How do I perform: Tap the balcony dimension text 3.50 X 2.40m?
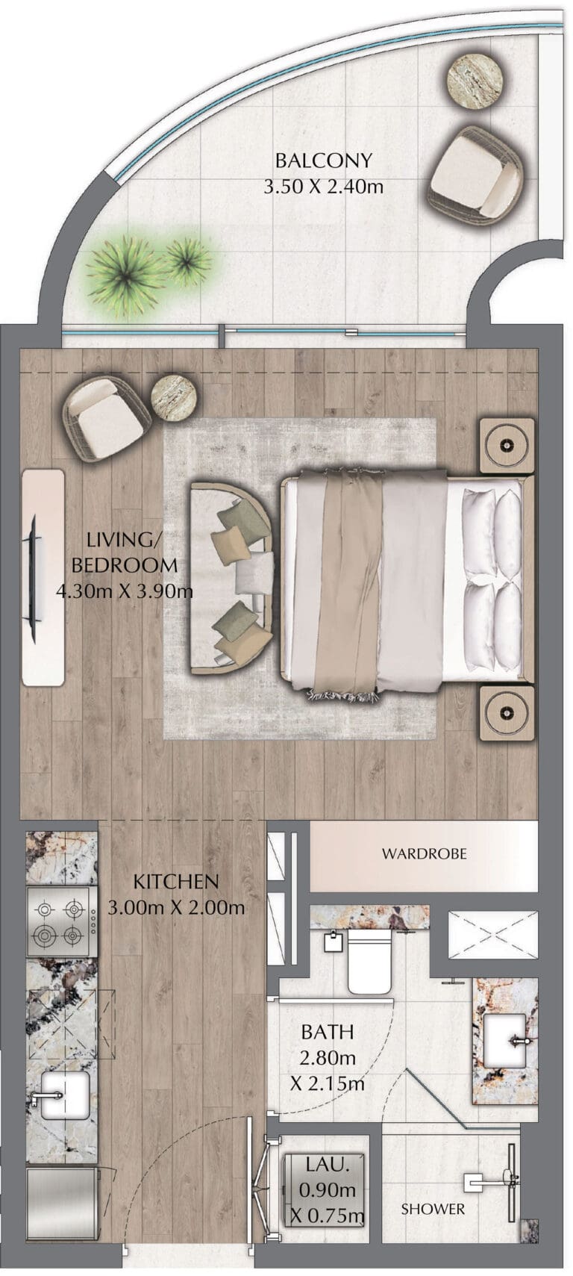(323, 186)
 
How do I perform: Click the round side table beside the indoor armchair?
(176, 400)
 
